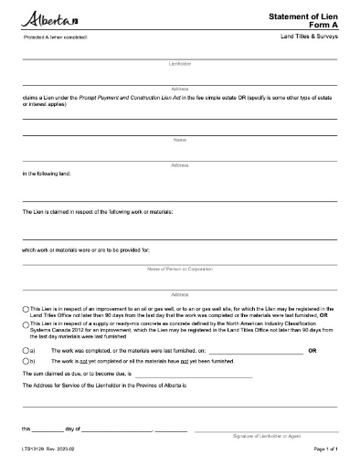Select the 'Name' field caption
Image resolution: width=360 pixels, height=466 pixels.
pos(179,139)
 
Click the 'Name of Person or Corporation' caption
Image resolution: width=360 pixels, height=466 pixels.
pos(179,269)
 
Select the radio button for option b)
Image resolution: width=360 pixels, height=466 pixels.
pos(26,363)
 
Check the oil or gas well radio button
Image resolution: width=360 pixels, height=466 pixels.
pos(26,310)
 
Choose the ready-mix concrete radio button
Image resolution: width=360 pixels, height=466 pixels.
pos(26,324)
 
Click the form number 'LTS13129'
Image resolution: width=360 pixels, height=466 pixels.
pos(33,450)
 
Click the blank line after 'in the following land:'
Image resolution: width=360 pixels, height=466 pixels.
pos(179,198)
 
